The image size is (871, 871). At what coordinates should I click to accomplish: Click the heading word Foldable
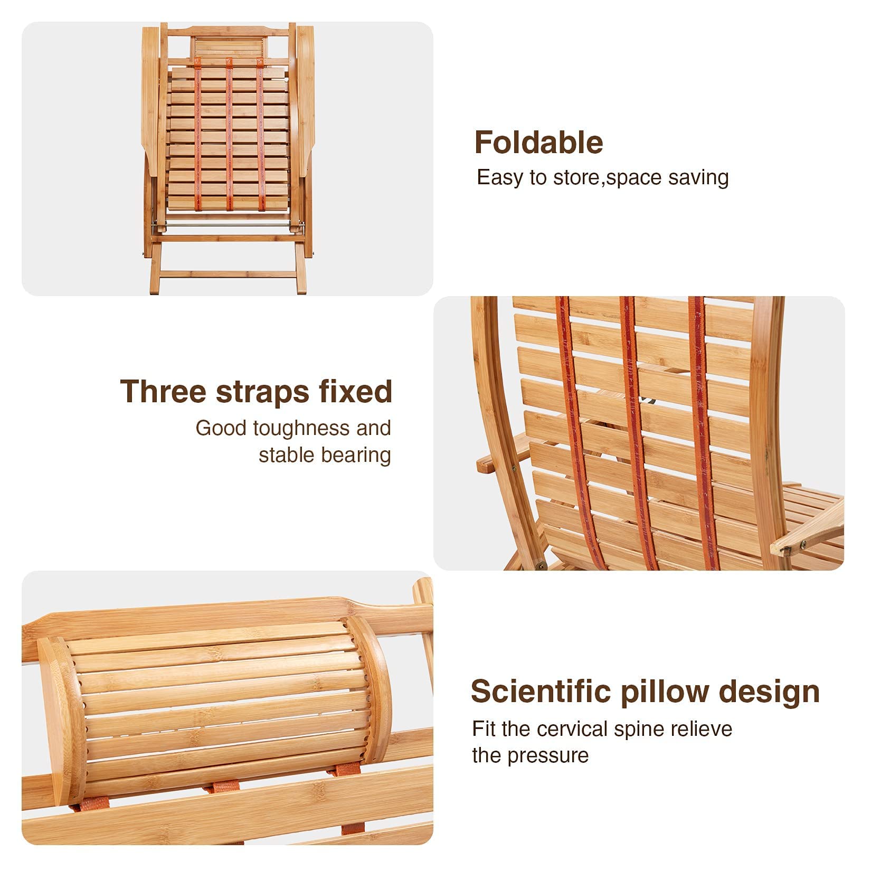pyautogui.click(x=538, y=143)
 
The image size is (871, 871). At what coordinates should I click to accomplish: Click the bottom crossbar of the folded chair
pyautogui.click(x=228, y=274)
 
